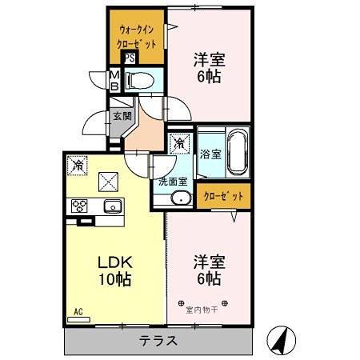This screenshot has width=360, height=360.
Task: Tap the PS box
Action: (x=129, y=58)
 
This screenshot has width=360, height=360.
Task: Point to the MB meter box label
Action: (x=114, y=80)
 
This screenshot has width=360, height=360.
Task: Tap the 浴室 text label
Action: (x=210, y=154)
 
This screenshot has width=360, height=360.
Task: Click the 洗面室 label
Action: (x=172, y=181)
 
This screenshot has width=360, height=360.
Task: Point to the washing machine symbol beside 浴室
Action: (x=180, y=144)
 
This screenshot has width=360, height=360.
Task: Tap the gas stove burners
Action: (x=80, y=206)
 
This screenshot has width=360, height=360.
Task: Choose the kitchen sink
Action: (x=112, y=206)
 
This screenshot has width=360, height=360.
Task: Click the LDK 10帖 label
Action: (x=114, y=270)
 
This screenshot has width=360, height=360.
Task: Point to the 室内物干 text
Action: (x=202, y=309)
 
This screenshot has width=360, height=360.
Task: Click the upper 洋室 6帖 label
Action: (x=206, y=67)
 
